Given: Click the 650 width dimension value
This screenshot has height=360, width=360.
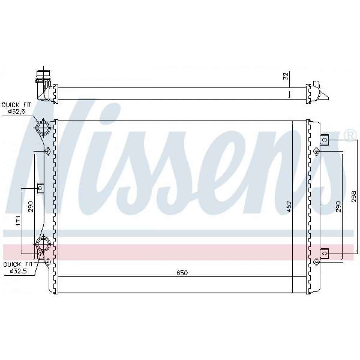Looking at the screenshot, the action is pyautogui.click(x=182, y=273).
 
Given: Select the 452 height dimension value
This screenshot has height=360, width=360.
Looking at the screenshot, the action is pyautogui.click(x=289, y=207).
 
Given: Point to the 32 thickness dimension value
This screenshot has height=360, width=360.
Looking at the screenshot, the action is pyautogui.click(x=285, y=76).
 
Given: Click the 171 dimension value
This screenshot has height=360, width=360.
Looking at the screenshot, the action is pyautogui.click(x=19, y=221).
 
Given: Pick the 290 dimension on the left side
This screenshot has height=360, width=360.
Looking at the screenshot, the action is pyautogui.click(x=31, y=207).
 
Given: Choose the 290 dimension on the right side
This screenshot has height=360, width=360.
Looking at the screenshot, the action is pyautogui.click(x=338, y=207).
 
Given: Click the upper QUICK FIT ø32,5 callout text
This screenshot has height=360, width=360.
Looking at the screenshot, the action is pyautogui.click(x=16, y=108).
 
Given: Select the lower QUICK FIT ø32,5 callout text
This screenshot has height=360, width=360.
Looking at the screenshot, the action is pyautogui.click(x=18, y=268).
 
